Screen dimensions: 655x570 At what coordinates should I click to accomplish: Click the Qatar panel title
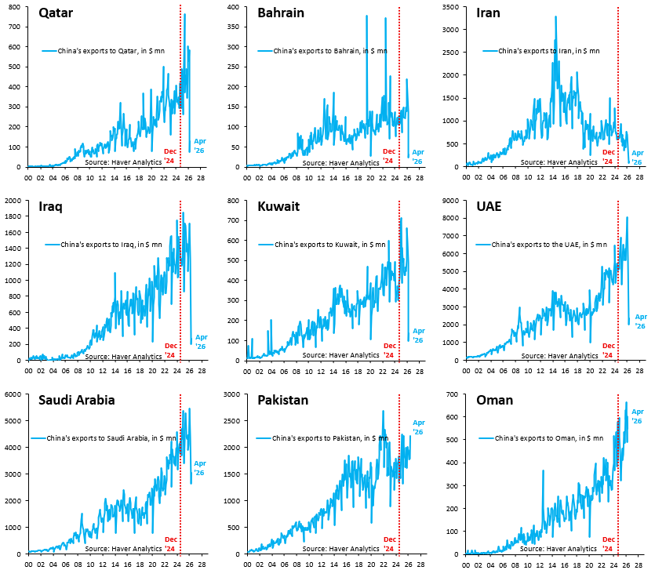[56, 13]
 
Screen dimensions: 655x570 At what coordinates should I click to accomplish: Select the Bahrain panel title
[281, 13]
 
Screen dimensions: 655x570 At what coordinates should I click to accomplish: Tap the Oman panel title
[495, 400]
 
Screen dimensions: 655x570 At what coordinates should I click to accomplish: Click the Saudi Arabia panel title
[76, 400]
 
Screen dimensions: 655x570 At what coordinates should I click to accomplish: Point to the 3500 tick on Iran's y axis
[451, 7]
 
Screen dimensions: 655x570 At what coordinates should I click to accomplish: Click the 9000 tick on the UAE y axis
[451, 201]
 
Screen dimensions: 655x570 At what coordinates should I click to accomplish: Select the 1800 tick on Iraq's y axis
[13, 216]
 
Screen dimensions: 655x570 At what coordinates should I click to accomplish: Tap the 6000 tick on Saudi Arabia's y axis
[13, 394]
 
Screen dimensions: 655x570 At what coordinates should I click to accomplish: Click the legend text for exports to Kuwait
[330, 245]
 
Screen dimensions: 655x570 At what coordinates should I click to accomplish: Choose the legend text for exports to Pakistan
[330, 438]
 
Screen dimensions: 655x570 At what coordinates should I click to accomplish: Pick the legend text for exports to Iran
[549, 51]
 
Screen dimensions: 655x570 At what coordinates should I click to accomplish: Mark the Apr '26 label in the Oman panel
[638, 416]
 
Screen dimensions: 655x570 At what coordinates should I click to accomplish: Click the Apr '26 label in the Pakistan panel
[419, 427]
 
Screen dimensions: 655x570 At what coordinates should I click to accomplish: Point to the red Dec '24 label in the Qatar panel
[170, 156]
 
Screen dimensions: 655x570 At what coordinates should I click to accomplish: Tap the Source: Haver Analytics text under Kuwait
[341, 355]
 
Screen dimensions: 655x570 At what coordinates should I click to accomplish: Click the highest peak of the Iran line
[555, 16]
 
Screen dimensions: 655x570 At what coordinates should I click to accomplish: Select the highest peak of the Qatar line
[184, 15]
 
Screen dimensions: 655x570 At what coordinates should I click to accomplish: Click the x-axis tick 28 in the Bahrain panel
[420, 178]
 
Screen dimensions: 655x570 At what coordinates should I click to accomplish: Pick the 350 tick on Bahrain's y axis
[234, 27]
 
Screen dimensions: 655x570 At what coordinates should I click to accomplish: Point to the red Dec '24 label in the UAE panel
[609, 350]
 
